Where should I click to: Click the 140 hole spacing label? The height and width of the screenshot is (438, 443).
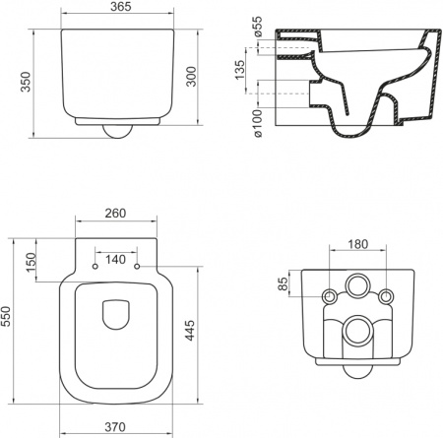(116, 259)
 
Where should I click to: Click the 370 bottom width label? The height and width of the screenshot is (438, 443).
(116, 426)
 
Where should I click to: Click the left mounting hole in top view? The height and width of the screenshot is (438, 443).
(95, 267)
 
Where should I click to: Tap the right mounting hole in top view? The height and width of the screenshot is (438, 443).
(137, 267)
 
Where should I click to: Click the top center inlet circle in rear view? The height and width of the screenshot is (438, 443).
(357, 292)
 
